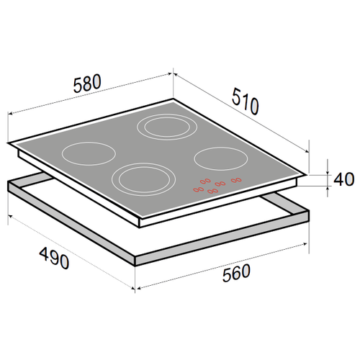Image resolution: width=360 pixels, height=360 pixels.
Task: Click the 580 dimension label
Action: [87, 84]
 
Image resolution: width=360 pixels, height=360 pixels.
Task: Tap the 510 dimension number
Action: [246, 102]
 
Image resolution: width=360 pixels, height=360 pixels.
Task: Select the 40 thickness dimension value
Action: [344, 179]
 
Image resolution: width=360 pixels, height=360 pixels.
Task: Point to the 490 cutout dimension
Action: [54, 258]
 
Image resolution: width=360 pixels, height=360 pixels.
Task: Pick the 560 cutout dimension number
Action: [236, 273]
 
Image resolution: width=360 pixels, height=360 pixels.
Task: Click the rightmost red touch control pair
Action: [236, 180]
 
